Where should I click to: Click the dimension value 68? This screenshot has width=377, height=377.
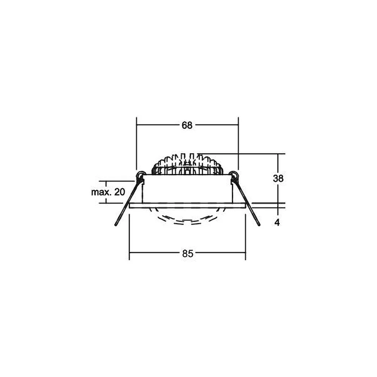tap(187, 125)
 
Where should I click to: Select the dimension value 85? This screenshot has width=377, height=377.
tap(187, 253)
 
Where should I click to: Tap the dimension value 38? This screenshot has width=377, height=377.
tap(278, 178)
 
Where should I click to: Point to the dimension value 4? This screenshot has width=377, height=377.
tap(277, 223)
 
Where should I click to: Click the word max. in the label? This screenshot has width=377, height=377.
tap(101, 192)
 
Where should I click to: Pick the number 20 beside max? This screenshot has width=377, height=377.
tap(120, 192)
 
